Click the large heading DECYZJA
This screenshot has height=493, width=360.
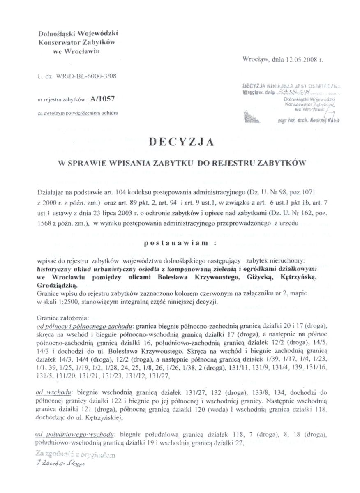pyautogui.click(x=181, y=142)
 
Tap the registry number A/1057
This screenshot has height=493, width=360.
pyautogui.click(x=106, y=99)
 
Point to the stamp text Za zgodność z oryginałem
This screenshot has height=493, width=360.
pyautogui.click(x=75, y=455)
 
